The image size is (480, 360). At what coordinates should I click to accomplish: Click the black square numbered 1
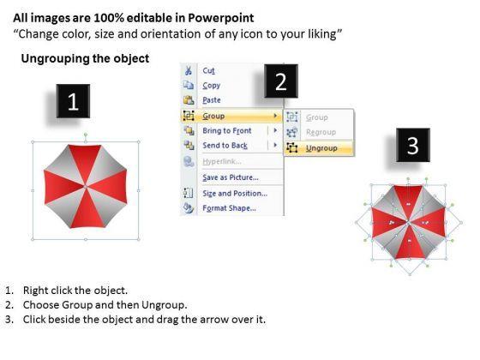pos(73,101)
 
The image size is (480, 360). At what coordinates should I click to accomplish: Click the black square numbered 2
pos(281,81)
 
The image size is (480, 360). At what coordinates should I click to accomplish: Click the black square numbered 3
pos(413,145)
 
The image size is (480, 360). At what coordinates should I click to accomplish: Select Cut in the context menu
pos(208,70)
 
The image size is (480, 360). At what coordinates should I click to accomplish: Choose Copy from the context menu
pos(211,86)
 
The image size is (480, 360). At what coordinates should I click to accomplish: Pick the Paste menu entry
pos(212,100)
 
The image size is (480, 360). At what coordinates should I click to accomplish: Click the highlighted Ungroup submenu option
pos(321,148)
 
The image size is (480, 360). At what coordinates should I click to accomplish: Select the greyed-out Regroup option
pos(321,132)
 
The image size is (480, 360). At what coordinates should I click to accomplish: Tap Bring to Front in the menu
pos(227,130)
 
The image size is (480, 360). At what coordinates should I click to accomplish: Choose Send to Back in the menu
pos(225,146)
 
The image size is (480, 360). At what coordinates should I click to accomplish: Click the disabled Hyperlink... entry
pos(222,161)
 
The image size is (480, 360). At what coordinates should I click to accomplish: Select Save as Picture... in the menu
pos(231,177)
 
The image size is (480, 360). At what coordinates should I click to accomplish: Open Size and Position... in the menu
pos(235,194)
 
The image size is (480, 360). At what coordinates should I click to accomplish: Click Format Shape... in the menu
pos(229,208)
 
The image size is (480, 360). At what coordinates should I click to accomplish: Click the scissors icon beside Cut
pos(188,70)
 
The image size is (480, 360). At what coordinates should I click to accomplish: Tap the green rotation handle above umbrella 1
pos(86,135)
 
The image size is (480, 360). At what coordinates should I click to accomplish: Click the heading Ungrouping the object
pos(85,58)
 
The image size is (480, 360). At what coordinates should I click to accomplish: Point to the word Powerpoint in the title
pos(221,18)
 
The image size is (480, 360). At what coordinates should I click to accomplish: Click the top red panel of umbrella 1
pos(85,161)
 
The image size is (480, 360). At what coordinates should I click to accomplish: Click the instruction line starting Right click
pos(75,291)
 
